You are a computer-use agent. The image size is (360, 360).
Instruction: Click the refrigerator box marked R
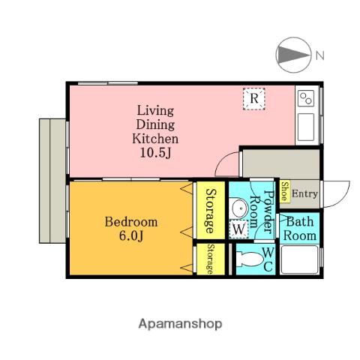[x=253, y=99]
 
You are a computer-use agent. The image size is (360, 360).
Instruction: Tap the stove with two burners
[x=306, y=98]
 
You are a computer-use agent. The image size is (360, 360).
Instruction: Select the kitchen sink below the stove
[x=306, y=127]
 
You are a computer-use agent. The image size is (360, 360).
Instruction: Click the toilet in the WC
[x=249, y=259]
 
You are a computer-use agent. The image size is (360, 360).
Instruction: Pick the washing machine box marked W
[x=238, y=229]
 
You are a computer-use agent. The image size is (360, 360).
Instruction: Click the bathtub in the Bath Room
[x=299, y=259]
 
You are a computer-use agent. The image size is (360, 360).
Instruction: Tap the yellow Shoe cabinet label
[x=285, y=191]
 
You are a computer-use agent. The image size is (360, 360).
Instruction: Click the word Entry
[x=304, y=193]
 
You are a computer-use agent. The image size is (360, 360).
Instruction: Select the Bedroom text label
[x=131, y=222]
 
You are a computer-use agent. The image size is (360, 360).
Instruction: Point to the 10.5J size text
[x=155, y=153]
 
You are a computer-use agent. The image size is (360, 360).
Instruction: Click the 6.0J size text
[x=131, y=235]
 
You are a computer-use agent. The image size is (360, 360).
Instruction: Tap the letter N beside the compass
[x=319, y=55]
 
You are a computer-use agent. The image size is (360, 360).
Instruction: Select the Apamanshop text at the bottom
[x=180, y=324]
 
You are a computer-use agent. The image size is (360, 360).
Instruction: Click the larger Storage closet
[x=211, y=210]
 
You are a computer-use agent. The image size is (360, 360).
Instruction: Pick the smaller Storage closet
[x=211, y=259]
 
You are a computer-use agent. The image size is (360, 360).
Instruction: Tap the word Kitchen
[x=155, y=139]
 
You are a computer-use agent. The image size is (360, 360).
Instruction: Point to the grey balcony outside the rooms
[x=52, y=181]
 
